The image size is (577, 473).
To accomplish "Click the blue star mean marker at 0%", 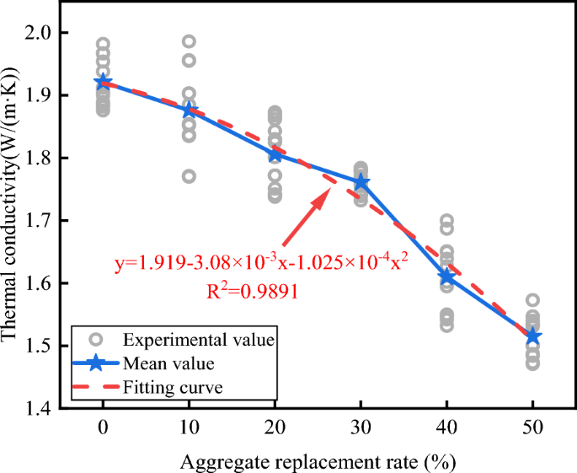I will click(x=103, y=82).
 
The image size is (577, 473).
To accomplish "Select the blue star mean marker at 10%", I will click(x=189, y=110).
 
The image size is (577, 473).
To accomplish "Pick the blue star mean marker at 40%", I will click(x=446, y=276).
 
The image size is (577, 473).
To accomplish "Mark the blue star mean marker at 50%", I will click(x=532, y=336).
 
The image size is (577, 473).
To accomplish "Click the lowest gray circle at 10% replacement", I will click(x=189, y=176).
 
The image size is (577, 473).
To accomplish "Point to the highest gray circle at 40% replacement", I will click(x=446, y=220).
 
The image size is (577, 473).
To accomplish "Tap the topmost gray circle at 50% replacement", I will click(x=532, y=299).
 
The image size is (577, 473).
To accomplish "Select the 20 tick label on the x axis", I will click(x=275, y=427).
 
